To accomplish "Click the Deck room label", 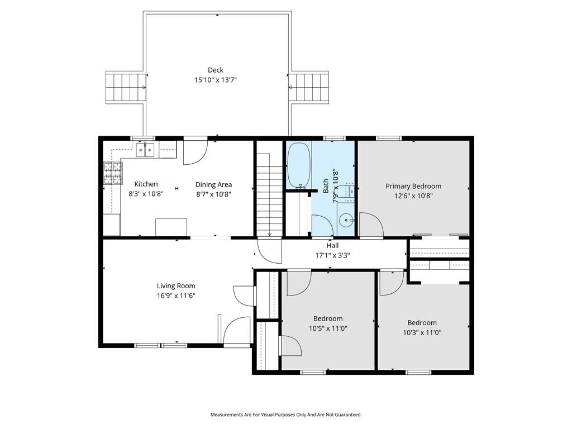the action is click(x=215, y=70).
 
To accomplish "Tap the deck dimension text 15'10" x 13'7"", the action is click(x=215, y=80).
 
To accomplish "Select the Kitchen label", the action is click(x=146, y=184).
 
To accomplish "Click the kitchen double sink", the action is click(x=145, y=150).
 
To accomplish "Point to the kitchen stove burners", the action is click(x=113, y=173).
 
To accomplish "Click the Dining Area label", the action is click(x=213, y=184).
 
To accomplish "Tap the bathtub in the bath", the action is click(x=299, y=165).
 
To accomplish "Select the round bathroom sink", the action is click(x=346, y=220).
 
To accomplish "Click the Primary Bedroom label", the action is click(x=413, y=186).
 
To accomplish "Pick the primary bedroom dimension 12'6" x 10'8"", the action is click(x=413, y=196).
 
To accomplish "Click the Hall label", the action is click(x=332, y=246).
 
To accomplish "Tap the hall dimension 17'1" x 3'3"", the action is click(x=332, y=255).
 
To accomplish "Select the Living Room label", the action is click(x=176, y=286).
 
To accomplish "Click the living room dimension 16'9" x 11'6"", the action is click(x=176, y=296).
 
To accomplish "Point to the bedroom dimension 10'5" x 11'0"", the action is click(x=328, y=328).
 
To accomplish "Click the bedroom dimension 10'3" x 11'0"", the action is click(x=422, y=333).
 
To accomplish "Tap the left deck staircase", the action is click(x=126, y=87).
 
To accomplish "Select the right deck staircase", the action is click(x=308, y=87).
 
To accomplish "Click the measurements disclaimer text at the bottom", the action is click(x=286, y=415).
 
